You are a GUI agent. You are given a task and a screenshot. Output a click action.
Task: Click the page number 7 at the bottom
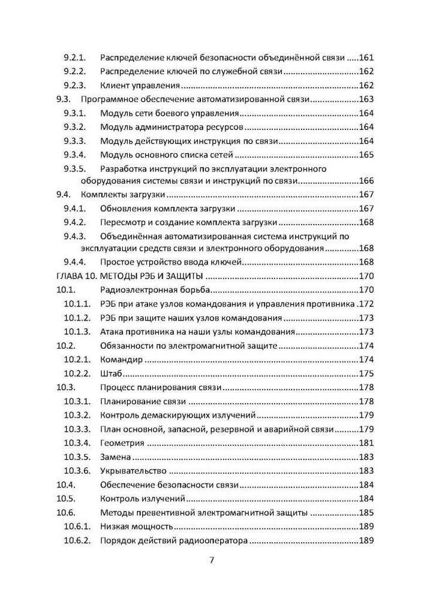coord(212,561)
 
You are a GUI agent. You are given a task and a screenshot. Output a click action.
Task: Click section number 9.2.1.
coord(76,58)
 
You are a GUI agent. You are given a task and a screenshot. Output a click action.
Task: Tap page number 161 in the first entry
coord(366,58)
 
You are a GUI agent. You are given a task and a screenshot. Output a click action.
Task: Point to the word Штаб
coord(111,373)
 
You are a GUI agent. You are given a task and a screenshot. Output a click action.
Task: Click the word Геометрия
coord(122,443)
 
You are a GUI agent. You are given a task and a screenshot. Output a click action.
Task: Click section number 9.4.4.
coord(76,262)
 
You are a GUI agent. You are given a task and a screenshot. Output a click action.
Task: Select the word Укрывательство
coord(133,471)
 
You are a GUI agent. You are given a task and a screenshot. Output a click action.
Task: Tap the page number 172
coord(366,304)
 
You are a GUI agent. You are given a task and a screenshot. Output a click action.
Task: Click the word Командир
coord(121,359)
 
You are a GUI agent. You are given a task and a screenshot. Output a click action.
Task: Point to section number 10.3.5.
coord(77,457)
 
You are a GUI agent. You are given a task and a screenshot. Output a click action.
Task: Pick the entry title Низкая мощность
coord(137,527)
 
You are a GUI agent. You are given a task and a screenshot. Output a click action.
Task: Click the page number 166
coord(366,181)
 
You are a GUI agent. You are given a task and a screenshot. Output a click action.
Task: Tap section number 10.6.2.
coord(77,540)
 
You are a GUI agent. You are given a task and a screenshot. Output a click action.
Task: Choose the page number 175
coord(366,373)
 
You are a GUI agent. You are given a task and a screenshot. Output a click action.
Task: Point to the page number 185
coord(366,513)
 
